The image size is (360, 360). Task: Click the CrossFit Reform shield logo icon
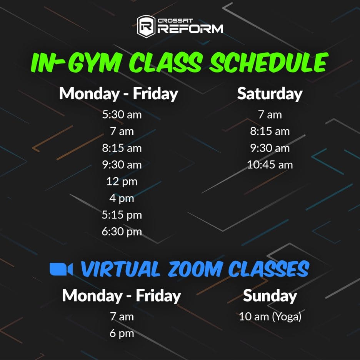pyautogui.click(x=146, y=26)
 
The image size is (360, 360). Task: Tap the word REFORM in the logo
pyautogui.click(x=190, y=29)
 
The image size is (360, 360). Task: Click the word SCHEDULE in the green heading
pyautogui.click(x=268, y=62)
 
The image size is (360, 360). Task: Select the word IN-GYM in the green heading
pyautogui.click(x=76, y=62)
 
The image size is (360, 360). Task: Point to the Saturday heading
pyautogui.click(x=270, y=94)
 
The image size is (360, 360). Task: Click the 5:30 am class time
pyautogui.click(x=122, y=114)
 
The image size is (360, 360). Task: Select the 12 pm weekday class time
pyautogui.click(x=122, y=182)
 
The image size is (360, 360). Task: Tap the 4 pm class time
pyautogui.click(x=122, y=198)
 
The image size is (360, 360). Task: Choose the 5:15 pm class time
pyautogui.click(x=122, y=215)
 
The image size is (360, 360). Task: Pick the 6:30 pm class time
pyautogui.click(x=122, y=232)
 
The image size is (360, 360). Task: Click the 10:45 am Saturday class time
pyautogui.click(x=270, y=165)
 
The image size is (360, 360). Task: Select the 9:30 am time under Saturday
pyautogui.click(x=270, y=148)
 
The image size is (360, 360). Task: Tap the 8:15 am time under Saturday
pyautogui.click(x=270, y=131)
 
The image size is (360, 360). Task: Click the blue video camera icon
pyautogui.click(x=61, y=269)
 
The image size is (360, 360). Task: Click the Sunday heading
pyautogui.click(x=270, y=296)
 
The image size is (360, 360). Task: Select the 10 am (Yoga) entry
pyautogui.click(x=270, y=317)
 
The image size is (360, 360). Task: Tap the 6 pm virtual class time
pyautogui.click(x=122, y=333)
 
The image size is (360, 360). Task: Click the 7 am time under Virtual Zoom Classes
pyautogui.click(x=122, y=317)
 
